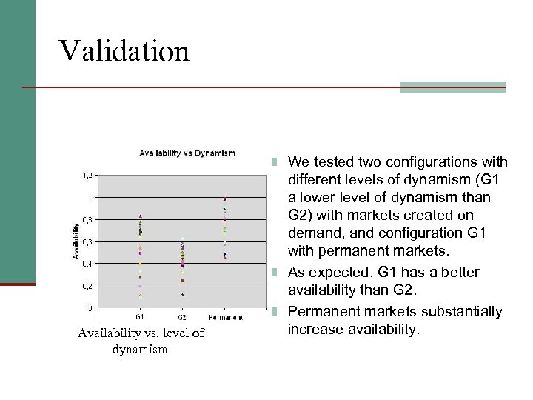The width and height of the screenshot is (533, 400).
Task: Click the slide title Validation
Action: [124, 51]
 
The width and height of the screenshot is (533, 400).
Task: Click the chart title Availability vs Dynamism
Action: [187, 153]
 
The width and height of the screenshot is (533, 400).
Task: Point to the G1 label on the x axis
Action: [140, 317]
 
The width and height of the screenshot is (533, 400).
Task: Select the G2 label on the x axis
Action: [182, 317]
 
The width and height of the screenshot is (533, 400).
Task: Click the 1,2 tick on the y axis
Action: [87, 176]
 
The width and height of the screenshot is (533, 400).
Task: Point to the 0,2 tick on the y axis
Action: [87, 286]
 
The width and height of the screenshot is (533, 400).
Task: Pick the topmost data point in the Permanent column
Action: [224, 199]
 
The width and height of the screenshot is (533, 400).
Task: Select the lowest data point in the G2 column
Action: [183, 295]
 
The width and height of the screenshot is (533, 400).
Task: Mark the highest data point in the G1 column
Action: [140, 216]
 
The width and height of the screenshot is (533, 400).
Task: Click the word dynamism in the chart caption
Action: [140, 349]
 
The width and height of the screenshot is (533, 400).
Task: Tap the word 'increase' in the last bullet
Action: [314, 328]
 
